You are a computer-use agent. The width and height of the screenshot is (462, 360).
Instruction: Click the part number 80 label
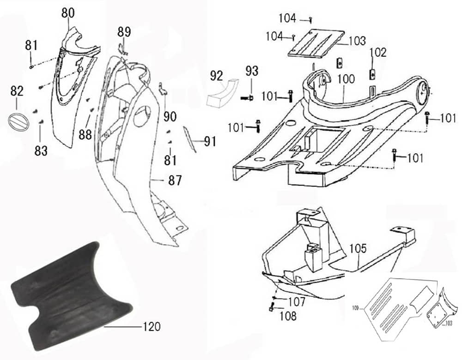point(67,13)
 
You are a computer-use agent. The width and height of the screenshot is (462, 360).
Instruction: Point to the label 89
point(124,32)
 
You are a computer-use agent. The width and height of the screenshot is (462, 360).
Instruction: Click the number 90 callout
point(170,117)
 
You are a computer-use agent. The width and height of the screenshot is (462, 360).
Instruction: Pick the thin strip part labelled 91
point(191,139)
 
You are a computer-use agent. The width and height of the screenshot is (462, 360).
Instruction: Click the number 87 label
point(175,180)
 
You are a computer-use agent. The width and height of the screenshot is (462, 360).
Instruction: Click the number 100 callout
point(346,79)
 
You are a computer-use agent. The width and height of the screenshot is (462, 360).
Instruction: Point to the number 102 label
point(377,52)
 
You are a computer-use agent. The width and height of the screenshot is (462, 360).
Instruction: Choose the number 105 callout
point(358,248)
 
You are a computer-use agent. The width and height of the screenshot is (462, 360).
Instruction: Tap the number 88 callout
point(85,134)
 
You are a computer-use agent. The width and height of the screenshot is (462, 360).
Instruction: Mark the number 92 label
point(217,75)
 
